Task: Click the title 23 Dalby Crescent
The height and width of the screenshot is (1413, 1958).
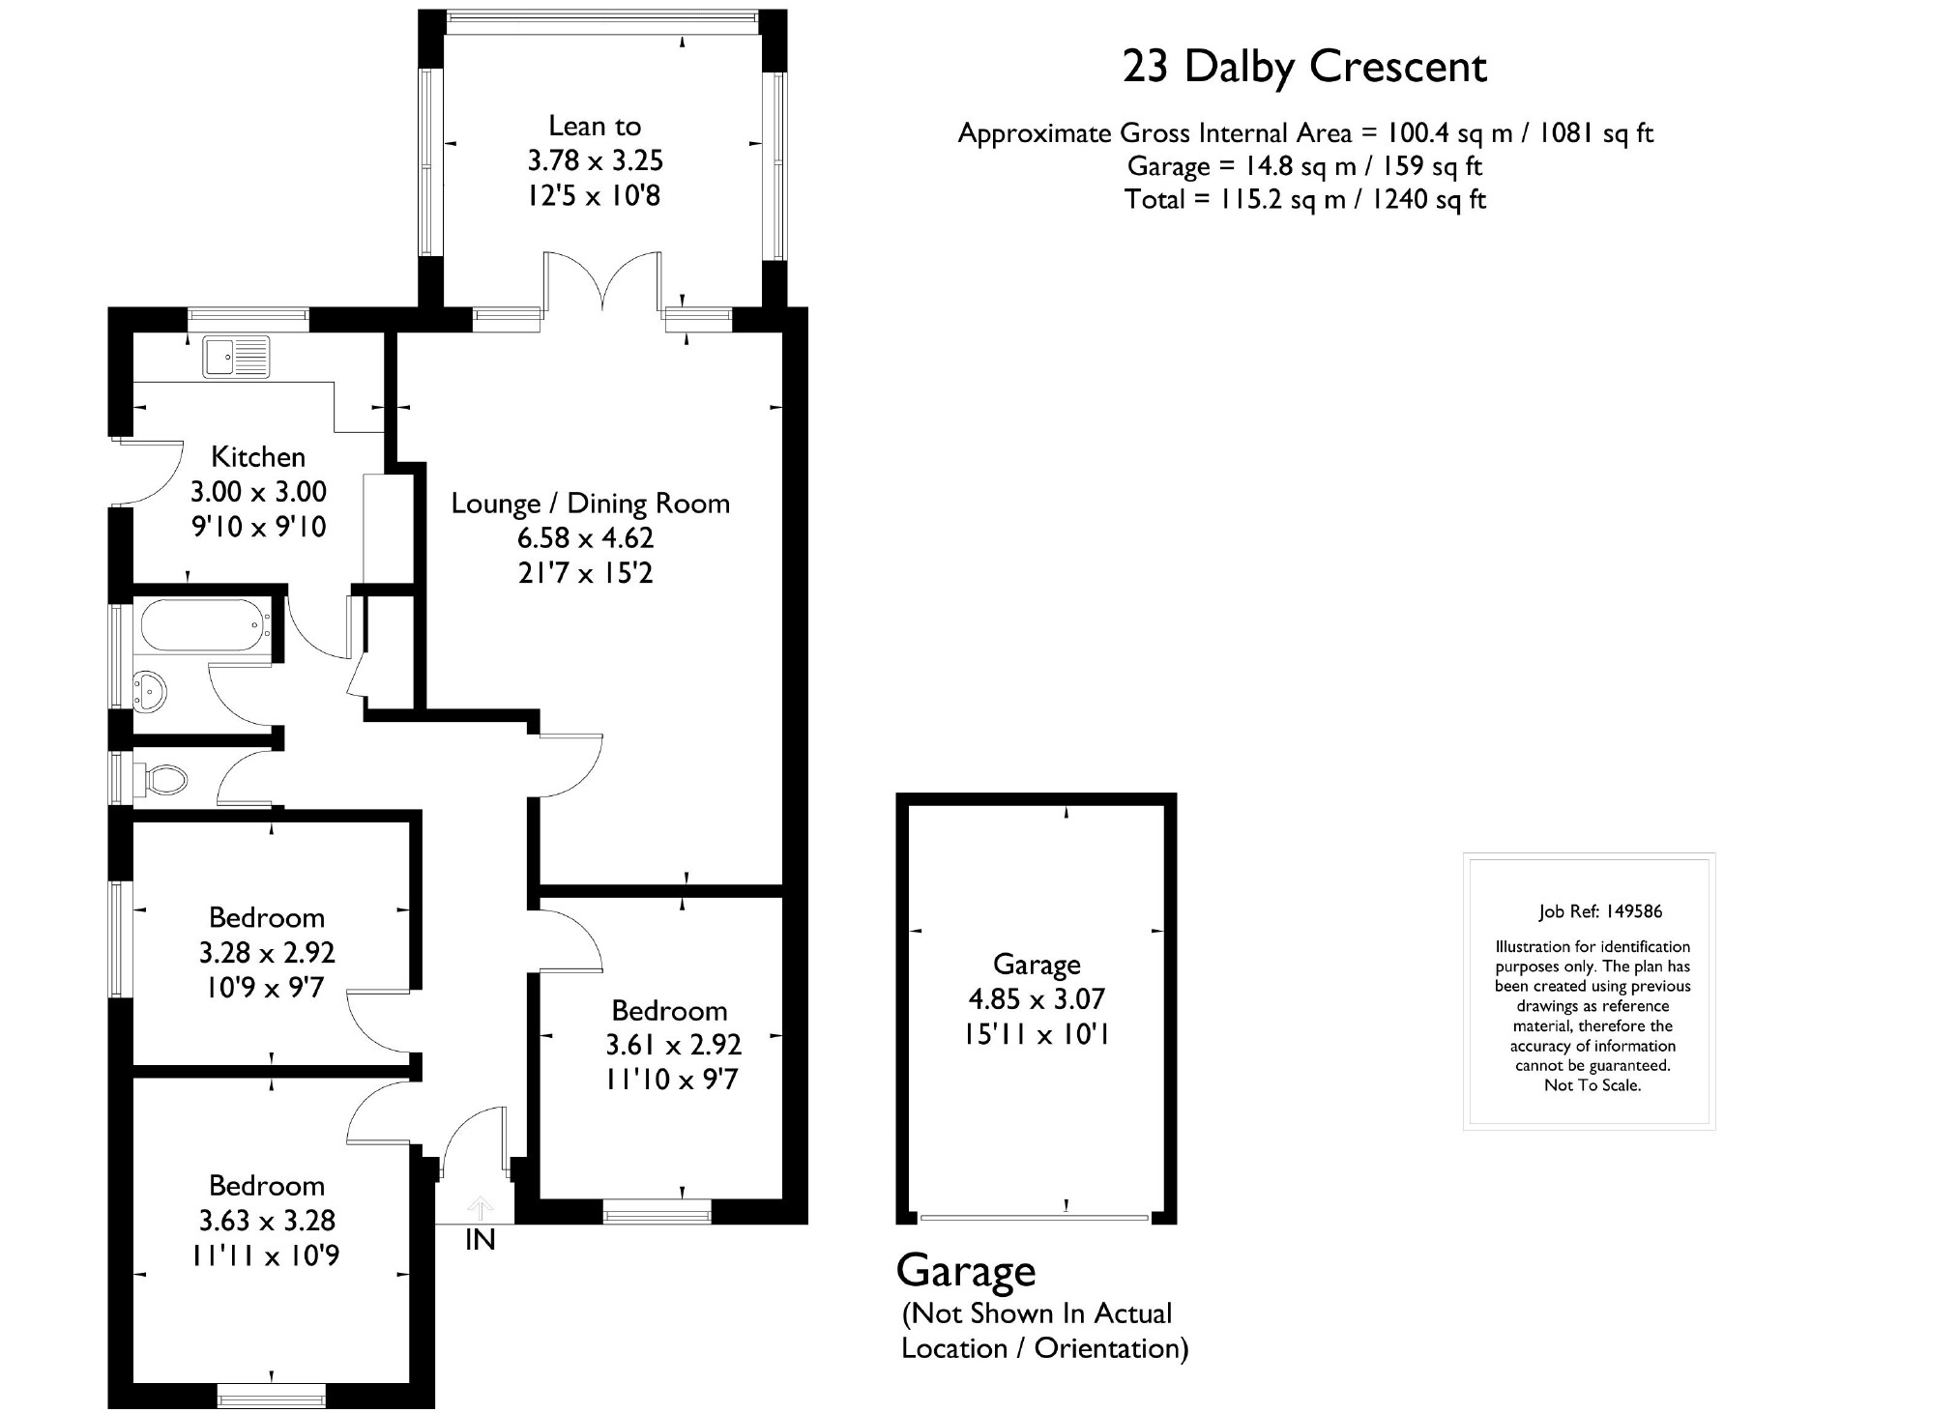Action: click(1304, 68)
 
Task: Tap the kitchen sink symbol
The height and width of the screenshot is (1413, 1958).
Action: click(236, 357)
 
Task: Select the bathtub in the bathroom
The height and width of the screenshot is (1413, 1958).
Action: click(205, 625)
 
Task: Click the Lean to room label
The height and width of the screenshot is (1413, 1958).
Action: click(595, 126)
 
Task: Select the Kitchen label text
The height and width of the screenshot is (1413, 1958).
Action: click(258, 456)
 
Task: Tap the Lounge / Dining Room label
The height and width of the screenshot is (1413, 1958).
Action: click(591, 504)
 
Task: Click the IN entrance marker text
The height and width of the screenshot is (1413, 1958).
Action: click(481, 1240)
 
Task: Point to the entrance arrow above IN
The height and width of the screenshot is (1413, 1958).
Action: click(480, 1207)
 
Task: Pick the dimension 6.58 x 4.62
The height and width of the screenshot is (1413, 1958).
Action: click(586, 538)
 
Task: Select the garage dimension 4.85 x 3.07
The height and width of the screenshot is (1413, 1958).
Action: click(1037, 998)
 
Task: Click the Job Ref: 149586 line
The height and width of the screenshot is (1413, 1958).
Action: click(1600, 911)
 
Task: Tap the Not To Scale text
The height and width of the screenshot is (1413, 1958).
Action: click(1593, 1085)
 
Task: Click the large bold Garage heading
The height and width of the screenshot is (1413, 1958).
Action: click(966, 1272)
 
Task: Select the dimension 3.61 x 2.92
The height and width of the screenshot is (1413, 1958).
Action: click(674, 1045)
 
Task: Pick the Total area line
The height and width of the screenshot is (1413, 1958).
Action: click(1304, 199)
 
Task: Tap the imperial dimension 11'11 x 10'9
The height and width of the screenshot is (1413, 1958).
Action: click(266, 1255)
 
